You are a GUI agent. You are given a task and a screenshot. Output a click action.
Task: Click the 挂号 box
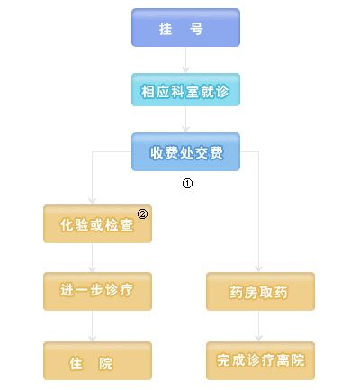tap(185, 27)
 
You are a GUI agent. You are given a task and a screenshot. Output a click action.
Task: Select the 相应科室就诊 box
tap(185, 89)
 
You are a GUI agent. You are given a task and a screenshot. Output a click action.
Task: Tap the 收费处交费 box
tap(185, 151)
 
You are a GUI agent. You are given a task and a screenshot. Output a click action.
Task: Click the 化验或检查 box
tap(97, 223)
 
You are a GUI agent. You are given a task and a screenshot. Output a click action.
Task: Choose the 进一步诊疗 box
tap(97, 291)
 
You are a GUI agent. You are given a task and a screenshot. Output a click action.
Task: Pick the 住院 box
tap(97, 360)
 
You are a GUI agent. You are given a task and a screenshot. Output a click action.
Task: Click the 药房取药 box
tap(260, 291)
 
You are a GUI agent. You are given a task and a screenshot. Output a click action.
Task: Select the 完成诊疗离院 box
tap(260, 360)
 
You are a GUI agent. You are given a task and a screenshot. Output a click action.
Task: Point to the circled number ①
tap(187, 183)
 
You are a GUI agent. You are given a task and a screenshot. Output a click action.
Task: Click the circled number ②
tap(142, 214)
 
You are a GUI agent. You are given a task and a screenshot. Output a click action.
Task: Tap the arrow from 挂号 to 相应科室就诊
tap(185, 59)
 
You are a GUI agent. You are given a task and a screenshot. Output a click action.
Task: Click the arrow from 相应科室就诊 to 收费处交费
tap(185, 119)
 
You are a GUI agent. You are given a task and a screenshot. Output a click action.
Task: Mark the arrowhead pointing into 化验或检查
tap(93, 201)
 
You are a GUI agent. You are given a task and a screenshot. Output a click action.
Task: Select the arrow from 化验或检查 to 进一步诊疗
tap(93, 258)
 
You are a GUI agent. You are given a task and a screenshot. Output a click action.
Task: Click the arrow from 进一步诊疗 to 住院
tap(93, 326)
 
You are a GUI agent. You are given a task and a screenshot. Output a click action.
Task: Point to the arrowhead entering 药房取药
tap(258, 268)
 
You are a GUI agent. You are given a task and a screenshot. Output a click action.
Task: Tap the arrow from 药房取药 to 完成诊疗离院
tap(258, 326)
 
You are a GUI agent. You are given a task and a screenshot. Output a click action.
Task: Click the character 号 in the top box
tap(196, 29)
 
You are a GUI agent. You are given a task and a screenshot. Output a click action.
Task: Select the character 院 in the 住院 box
tap(105, 364)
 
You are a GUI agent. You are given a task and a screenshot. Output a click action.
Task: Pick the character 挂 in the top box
tap(166, 29)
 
